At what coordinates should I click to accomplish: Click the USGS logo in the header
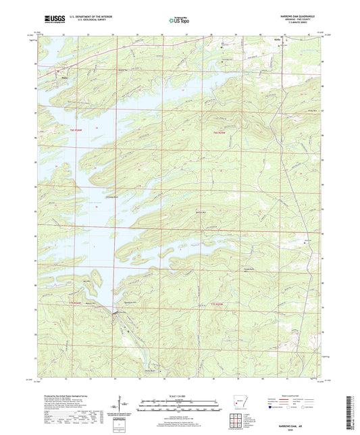pyautogui.click(x=51, y=20)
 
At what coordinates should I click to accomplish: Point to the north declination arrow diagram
pyautogui.click(x=124, y=403)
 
